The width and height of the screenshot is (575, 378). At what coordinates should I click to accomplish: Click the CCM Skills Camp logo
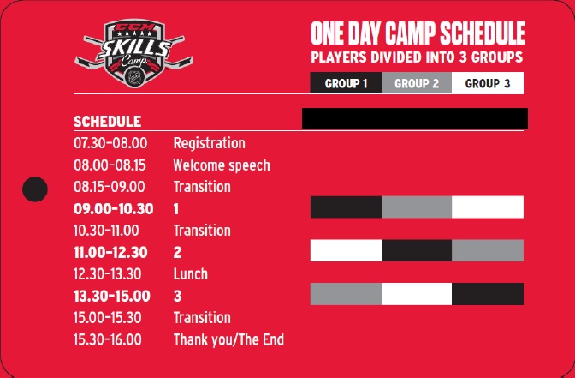(133, 54)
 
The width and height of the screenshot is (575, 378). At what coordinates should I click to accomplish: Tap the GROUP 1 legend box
(346, 83)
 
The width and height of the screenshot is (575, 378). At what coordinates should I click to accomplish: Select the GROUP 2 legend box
(417, 83)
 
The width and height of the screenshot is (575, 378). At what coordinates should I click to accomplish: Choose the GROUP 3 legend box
(488, 83)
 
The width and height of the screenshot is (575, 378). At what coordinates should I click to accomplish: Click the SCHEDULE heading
(108, 122)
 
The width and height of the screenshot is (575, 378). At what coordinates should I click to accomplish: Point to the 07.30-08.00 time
(110, 143)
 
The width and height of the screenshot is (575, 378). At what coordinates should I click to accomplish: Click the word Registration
(209, 144)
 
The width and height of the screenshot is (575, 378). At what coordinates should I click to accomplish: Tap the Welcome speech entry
(222, 165)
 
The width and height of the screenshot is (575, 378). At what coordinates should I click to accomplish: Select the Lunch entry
(190, 274)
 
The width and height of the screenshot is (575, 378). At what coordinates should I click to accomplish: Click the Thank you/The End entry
(228, 339)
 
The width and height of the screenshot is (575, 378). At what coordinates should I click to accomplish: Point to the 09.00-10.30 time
(113, 209)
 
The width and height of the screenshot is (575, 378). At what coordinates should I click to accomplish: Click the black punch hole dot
(35, 189)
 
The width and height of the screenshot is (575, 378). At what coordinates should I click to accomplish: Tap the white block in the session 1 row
(488, 207)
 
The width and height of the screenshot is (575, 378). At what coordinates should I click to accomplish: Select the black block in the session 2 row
(417, 250)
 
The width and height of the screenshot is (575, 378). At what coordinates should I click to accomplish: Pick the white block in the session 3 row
(417, 294)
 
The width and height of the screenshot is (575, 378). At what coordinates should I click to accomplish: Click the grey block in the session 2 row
(488, 250)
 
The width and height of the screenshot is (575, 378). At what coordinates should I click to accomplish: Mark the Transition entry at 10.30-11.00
(202, 231)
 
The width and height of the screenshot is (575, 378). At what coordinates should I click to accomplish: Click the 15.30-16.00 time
(108, 339)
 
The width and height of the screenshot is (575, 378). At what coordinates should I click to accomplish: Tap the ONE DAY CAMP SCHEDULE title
(418, 33)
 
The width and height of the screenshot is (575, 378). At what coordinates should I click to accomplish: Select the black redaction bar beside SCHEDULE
(415, 118)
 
